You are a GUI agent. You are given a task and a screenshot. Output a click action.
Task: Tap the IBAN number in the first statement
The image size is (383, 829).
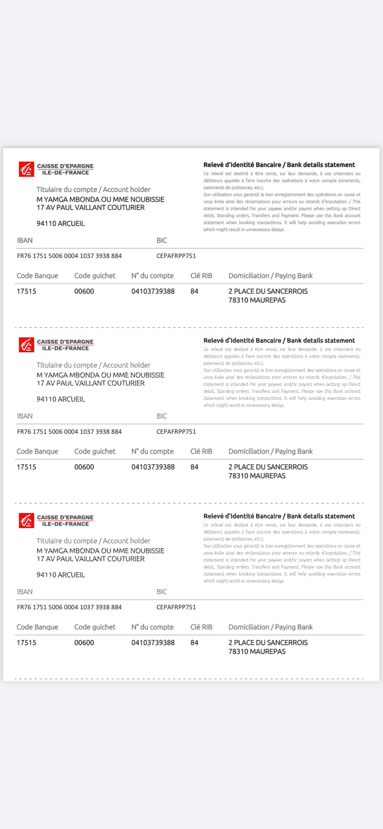(69, 256)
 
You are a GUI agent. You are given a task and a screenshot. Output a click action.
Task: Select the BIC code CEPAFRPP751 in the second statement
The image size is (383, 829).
(176, 432)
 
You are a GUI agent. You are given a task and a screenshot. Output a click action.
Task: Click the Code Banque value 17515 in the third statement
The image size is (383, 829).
(26, 643)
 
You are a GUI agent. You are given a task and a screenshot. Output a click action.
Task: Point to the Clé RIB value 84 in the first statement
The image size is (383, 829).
(194, 291)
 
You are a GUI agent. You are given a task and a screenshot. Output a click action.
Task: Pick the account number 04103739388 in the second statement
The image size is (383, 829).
(153, 467)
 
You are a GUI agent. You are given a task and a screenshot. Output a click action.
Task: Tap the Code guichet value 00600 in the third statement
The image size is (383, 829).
(84, 643)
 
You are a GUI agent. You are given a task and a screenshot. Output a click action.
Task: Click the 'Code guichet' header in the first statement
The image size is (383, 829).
(95, 276)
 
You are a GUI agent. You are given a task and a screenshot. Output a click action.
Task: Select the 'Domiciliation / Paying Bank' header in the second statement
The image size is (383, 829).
(270, 451)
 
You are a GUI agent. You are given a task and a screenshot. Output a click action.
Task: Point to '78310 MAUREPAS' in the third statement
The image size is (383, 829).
(257, 652)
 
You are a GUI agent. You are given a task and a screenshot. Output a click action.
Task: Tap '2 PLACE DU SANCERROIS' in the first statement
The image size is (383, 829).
(268, 291)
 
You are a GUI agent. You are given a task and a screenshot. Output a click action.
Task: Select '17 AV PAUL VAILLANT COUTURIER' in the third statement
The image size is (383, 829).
(90, 559)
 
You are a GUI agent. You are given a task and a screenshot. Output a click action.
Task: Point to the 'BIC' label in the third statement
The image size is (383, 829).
(162, 592)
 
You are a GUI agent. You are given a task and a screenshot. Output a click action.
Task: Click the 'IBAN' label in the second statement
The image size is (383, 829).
(25, 416)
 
